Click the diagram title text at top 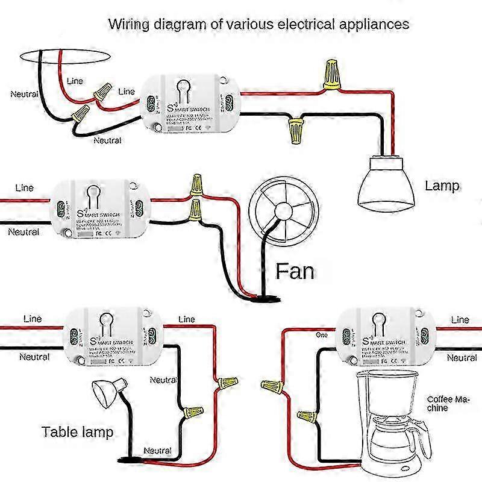pos(258,25)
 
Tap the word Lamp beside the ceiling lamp pos(442,186)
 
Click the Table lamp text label pos(77,431)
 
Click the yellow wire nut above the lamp pos(331,75)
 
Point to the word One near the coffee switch pos(322,334)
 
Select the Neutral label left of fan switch pos(23,232)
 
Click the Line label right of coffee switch pos(460,320)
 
